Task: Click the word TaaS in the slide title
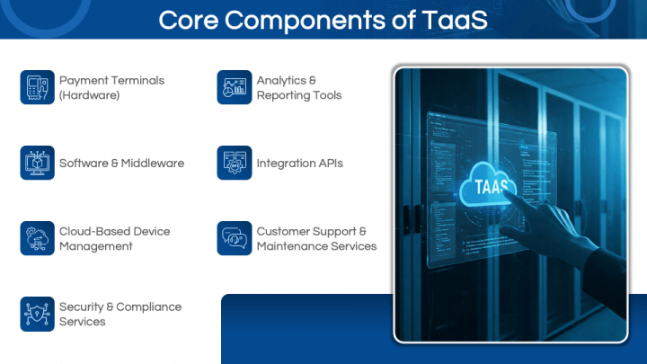point(455,20)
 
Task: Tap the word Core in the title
point(189,20)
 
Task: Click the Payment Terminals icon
point(37,87)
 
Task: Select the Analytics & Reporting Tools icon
point(235,87)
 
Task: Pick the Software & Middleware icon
point(37,163)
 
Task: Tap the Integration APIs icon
point(235,163)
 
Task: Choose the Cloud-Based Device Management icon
point(37,238)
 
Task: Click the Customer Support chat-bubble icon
point(235,238)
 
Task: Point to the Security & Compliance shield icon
point(37,314)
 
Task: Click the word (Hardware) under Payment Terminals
point(90,95)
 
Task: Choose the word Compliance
point(149,307)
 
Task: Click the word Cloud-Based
point(88,232)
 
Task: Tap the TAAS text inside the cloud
point(491,187)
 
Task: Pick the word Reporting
point(283,95)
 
